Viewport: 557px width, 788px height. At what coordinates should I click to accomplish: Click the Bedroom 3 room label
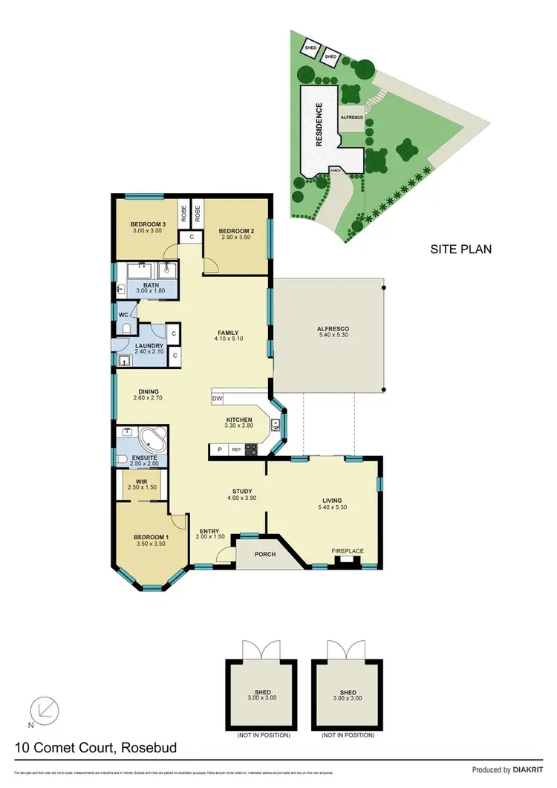148,224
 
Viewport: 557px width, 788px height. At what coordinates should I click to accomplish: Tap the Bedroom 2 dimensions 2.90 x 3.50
237,239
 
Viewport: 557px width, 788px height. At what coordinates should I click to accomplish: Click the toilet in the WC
127,328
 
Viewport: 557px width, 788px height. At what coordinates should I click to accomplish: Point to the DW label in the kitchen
218,399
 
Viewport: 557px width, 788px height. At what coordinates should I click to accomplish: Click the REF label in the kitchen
236,449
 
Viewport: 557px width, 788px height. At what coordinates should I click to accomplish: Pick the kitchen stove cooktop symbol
251,449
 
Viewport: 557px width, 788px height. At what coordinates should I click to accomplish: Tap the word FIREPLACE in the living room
348,550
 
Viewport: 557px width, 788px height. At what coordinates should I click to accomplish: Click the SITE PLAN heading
461,250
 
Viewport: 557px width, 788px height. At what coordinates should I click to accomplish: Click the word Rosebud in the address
152,748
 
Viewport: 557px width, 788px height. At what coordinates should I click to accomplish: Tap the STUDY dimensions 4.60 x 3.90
242,499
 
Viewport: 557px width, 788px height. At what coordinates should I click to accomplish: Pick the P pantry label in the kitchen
220,449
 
